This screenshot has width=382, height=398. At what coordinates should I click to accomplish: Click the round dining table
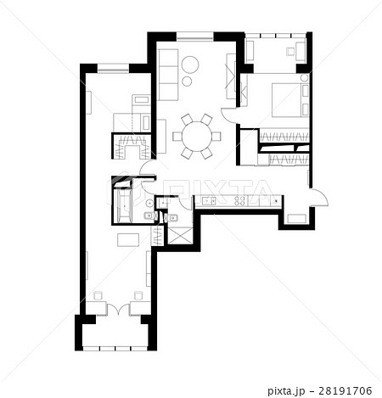click(x=197, y=137)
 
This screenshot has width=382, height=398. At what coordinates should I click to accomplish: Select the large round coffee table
click(x=190, y=64)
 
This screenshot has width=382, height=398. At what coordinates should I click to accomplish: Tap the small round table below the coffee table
click(x=187, y=81)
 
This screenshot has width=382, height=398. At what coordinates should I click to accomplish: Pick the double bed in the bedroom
click(x=290, y=100)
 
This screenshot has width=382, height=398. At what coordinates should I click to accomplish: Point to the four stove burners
click(x=239, y=201)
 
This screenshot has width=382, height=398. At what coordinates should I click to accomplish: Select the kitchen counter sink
click(x=209, y=201)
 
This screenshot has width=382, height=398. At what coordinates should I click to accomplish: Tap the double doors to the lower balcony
click(x=118, y=309)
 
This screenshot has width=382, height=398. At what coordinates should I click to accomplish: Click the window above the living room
click(x=195, y=36)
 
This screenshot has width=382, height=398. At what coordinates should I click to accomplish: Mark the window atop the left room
click(x=113, y=68)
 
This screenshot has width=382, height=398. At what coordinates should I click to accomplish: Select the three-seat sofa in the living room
click(x=168, y=75)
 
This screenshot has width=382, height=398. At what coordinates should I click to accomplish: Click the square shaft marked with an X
click(x=180, y=236)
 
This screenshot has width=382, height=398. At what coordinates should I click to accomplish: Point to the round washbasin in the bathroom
click(x=149, y=203)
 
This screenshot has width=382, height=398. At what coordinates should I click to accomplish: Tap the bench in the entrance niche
click(x=296, y=219)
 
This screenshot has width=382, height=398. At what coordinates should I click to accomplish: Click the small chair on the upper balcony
click(x=290, y=52)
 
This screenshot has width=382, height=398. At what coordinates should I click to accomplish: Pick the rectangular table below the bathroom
click(x=128, y=239)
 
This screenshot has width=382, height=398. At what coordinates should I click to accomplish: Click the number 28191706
click(x=345, y=391)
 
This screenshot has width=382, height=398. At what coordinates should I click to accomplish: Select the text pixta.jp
click(x=286, y=391)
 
